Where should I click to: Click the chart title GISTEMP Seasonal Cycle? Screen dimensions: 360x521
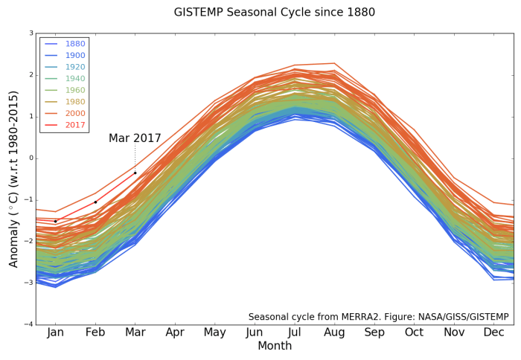point(275,12)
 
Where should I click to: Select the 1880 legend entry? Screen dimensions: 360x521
point(74,44)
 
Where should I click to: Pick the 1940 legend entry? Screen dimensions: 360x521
point(74,78)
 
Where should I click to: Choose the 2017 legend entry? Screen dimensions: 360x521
point(74,125)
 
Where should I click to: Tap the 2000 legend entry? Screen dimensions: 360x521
point(74,113)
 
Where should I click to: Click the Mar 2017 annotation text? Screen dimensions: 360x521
point(135,138)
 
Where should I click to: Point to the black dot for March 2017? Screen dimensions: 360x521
point(135,173)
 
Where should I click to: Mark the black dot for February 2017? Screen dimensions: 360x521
point(95,202)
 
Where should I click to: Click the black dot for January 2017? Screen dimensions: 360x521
point(55,221)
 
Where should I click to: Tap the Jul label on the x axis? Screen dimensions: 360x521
point(295,332)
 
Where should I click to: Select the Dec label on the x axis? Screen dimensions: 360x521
point(494,332)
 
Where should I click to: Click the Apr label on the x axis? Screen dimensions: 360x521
point(175,332)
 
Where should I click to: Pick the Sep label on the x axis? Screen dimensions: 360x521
point(374,332)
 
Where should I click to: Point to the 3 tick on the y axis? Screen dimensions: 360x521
point(31,33)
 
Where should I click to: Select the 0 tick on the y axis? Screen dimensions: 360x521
point(31,158)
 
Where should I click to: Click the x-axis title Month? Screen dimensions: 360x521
point(275,346)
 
